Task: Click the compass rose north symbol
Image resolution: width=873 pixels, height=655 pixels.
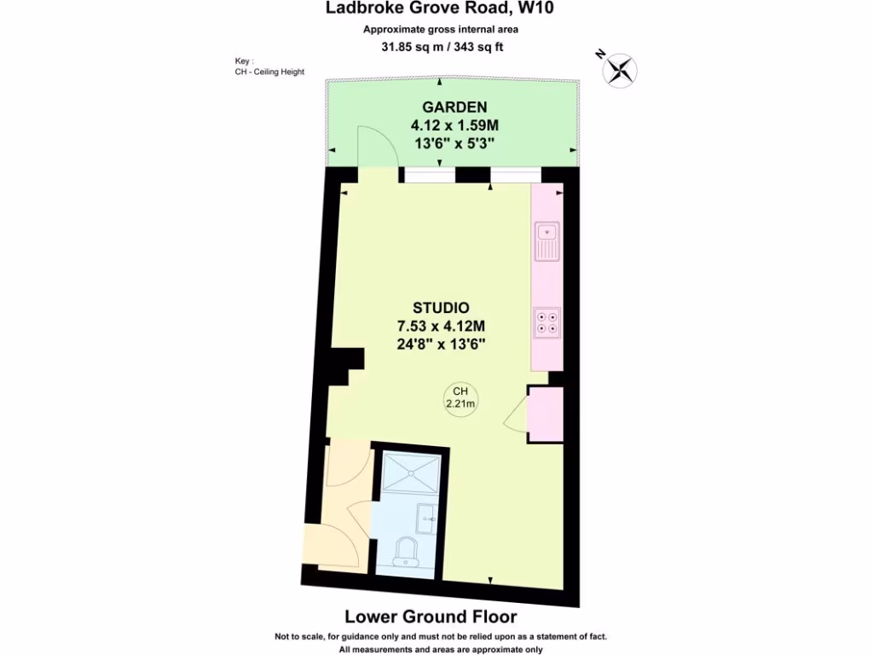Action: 620,69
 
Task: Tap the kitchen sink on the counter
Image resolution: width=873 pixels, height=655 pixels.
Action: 546,241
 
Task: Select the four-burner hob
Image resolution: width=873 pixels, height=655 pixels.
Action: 546,322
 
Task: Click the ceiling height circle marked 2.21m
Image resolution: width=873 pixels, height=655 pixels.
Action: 460,398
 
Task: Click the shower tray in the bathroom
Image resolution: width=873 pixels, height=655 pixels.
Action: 412,472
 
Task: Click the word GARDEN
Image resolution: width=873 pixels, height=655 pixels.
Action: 454,107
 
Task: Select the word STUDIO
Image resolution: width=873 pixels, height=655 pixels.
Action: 441,308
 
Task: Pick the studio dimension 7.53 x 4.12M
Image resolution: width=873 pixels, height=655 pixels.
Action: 441,326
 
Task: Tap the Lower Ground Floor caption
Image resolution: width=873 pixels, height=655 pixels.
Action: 430,617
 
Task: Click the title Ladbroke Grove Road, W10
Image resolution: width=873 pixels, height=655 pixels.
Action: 441,9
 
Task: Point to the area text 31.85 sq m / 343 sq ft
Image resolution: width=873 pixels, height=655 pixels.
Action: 441,46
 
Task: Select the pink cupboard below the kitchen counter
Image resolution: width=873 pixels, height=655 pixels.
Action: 545,414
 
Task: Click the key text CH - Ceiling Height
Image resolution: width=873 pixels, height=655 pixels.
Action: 269,72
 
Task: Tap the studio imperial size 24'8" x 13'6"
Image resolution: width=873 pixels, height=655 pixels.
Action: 441,344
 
